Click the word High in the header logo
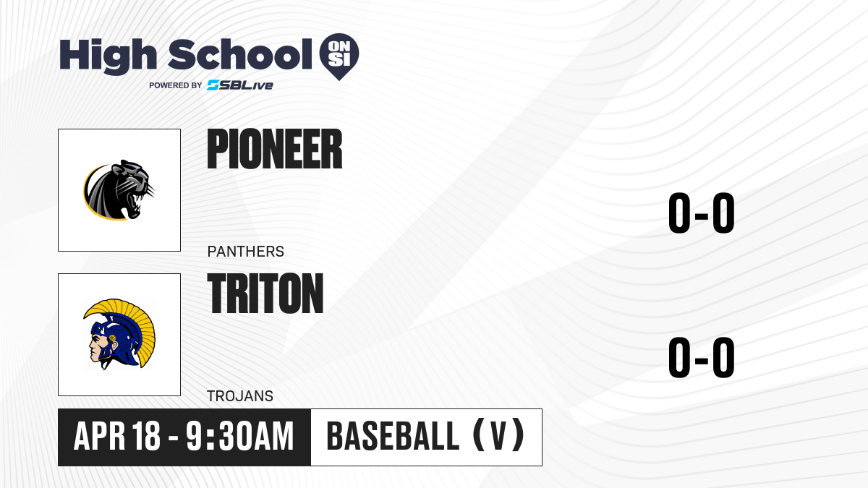click(x=108, y=56)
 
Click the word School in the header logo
click(x=240, y=54)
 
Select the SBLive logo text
click(x=240, y=85)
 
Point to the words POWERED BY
click(x=176, y=85)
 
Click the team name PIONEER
click(x=275, y=149)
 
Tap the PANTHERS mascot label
click(x=246, y=252)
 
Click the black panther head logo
click(x=119, y=189)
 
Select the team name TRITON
click(x=265, y=294)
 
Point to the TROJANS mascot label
click(x=240, y=396)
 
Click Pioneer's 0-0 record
click(x=702, y=213)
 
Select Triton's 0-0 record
click(x=702, y=357)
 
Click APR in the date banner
click(x=100, y=437)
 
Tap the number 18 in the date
click(x=146, y=436)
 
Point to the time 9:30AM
click(x=240, y=436)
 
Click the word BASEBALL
click(x=393, y=436)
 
